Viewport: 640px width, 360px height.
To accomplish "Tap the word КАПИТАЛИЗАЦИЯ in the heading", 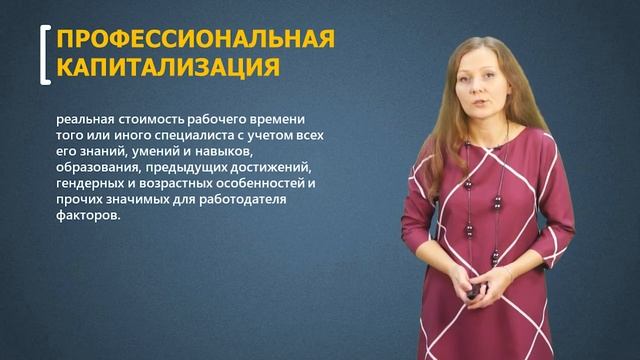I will [x=168, y=67].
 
